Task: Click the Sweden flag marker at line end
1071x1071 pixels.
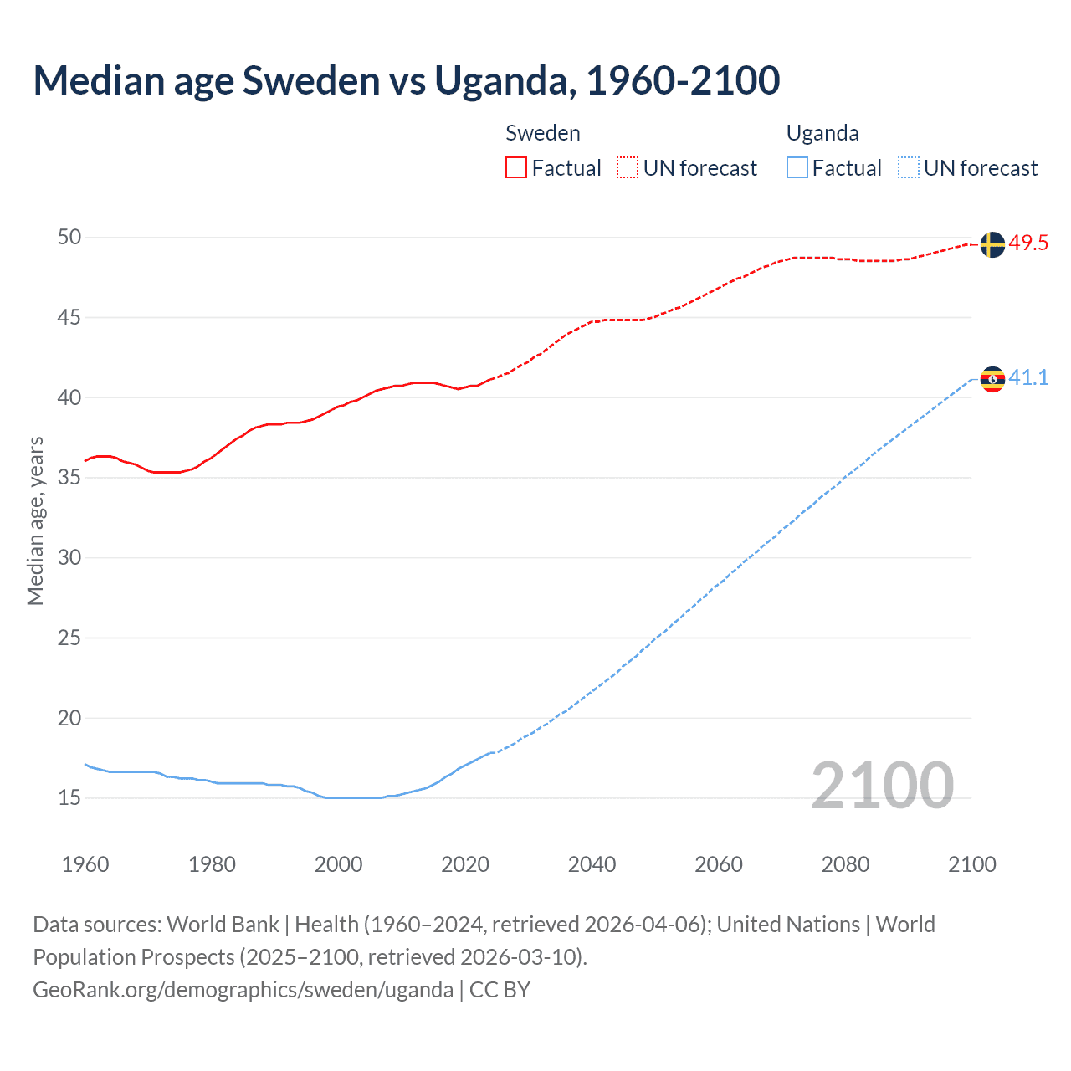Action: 992,244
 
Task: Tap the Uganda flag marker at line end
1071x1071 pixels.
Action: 992,379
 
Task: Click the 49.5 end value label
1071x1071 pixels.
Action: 1028,243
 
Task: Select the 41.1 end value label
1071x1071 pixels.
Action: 1028,378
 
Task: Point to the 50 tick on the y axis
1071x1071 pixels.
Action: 69,238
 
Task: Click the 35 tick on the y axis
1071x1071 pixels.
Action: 69,478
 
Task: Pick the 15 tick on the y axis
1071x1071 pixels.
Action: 69,798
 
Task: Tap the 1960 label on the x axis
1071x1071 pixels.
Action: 85,864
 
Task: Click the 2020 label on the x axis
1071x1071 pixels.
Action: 465,864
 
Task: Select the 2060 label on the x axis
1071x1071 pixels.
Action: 719,864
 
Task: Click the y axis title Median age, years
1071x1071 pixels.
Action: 35,520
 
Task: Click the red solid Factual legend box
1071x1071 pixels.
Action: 516,168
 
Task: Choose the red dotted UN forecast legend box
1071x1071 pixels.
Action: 628,168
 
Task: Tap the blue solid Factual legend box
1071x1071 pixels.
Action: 797,168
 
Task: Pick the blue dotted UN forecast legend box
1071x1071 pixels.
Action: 908,168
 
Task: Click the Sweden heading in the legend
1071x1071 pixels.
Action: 543,133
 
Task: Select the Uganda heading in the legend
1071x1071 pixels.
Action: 822,133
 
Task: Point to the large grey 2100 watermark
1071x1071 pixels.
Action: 882,785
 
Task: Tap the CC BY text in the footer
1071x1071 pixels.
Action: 500,990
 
